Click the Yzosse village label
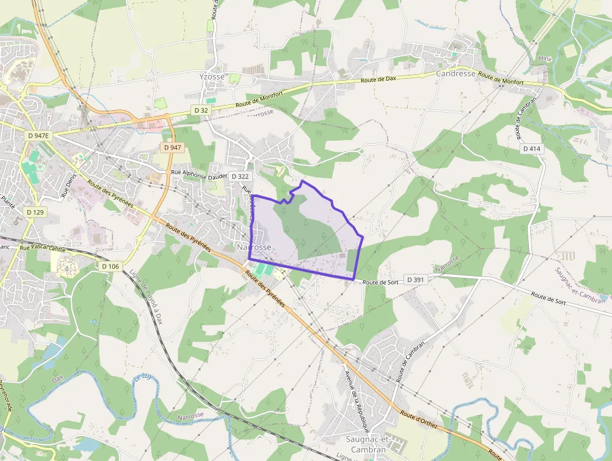(212, 77)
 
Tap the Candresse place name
(455, 73)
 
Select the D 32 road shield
(201, 110)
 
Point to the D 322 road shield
(240, 176)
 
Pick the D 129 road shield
(35, 212)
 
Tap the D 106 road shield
(110, 266)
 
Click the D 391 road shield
(417, 279)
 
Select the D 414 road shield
(531, 148)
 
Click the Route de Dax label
(378, 79)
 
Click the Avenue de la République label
(356, 402)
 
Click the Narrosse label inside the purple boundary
(254, 248)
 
